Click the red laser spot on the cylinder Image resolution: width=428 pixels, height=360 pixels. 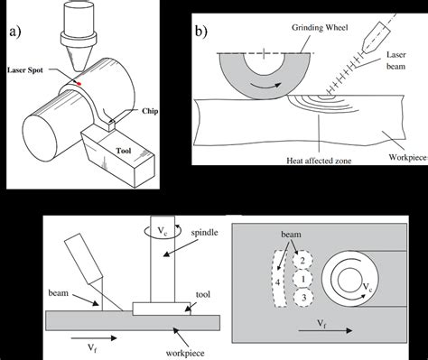coord(79,83)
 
